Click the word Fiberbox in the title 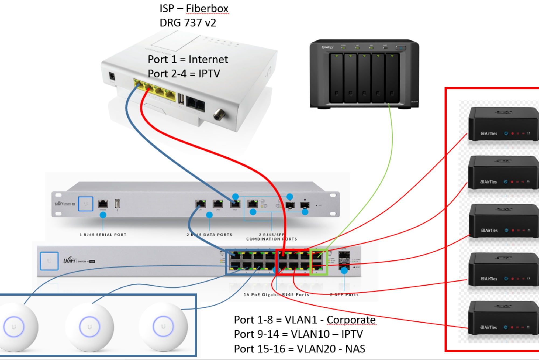(x=207, y=9)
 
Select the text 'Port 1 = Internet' (x=188, y=59)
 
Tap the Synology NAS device (x=364, y=74)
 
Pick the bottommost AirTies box (x=503, y=318)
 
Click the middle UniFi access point (x=89, y=327)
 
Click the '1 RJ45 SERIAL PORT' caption (x=103, y=235)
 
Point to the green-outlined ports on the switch (x=319, y=262)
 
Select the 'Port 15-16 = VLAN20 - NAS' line (x=299, y=349)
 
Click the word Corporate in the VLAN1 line (x=351, y=320)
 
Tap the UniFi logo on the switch (x=70, y=260)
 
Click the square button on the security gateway (x=85, y=204)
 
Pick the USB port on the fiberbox (x=181, y=99)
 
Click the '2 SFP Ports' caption (x=344, y=295)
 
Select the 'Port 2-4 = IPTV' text (x=184, y=74)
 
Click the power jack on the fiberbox (x=112, y=76)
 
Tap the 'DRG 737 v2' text (x=188, y=23)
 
